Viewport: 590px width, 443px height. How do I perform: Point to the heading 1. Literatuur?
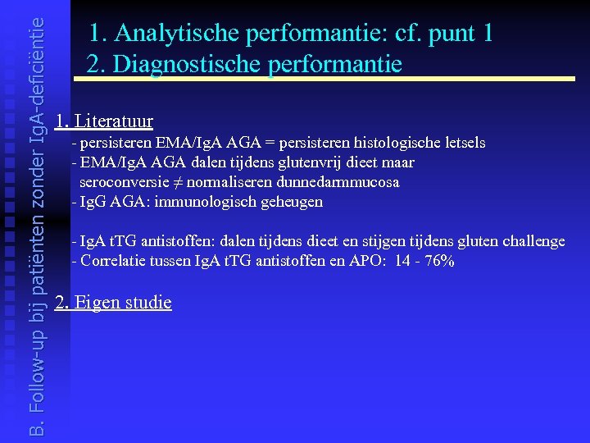pos(104,122)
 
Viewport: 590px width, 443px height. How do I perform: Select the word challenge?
pos(533,241)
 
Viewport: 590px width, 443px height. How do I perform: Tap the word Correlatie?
pos(111,261)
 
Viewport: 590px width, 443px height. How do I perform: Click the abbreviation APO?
pos(357,261)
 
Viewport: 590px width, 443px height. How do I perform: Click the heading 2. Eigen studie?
pos(113,302)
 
